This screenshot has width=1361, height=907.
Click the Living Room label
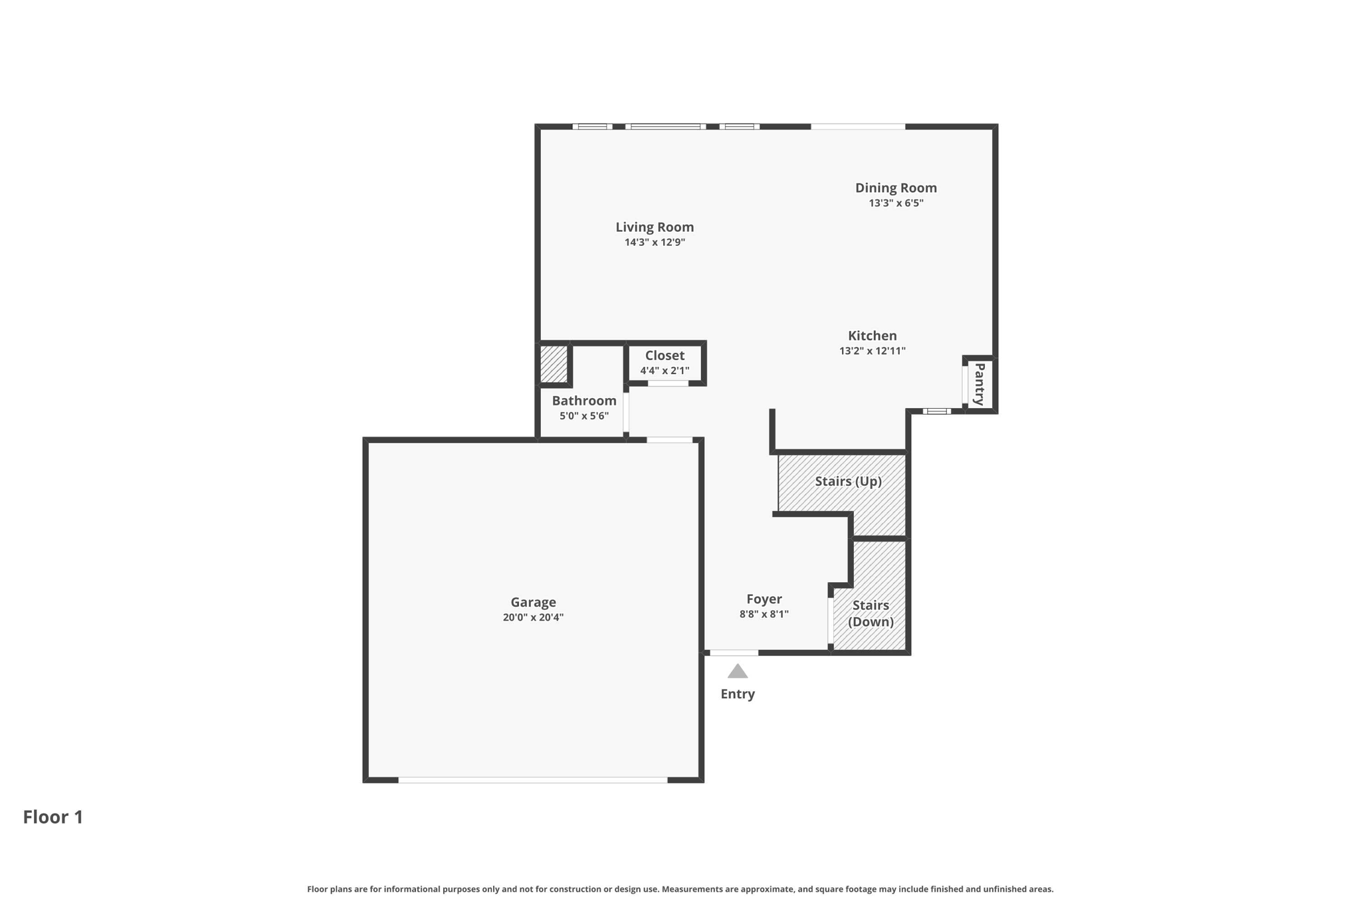click(655, 227)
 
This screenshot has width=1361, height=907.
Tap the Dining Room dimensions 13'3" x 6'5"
click(896, 203)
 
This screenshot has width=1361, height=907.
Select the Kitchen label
click(873, 336)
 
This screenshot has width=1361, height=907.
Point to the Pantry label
click(980, 385)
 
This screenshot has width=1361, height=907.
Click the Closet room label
click(665, 355)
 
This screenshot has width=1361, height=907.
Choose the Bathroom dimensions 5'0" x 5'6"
click(584, 417)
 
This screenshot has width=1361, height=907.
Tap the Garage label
click(533, 603)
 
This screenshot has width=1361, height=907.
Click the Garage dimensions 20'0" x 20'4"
click(533, 617)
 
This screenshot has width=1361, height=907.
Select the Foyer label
click(764, 599)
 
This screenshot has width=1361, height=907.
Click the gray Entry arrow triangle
click(738, 672)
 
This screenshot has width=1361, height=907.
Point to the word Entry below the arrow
click(738, 694)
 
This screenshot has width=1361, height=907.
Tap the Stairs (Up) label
click(849, 481)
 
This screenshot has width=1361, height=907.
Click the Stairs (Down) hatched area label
click(871, 613)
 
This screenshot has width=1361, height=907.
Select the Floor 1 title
click(53, 817)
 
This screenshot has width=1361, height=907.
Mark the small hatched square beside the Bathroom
click(554, 364)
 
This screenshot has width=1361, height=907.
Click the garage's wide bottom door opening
click(533, 780)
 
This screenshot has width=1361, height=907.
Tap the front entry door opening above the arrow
click(734, 653)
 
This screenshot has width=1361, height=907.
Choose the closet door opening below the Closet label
click(668, 383)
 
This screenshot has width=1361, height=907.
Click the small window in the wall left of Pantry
click(937, 411)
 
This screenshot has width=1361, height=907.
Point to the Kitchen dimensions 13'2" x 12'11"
click(873, 352)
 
